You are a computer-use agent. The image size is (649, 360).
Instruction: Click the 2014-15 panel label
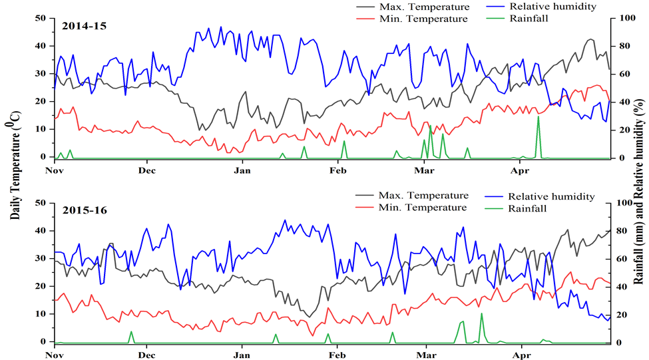(x=84, y=26)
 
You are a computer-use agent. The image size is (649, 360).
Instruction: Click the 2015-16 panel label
(x=84, y=210)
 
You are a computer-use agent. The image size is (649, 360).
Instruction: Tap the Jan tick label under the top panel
(x=242, y=170)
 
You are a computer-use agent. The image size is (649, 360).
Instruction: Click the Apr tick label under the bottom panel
(x=521, y=354)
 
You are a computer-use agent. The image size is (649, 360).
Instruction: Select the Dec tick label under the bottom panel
(x=147, y=354)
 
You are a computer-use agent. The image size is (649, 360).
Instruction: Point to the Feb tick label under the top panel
(x=337, y=170)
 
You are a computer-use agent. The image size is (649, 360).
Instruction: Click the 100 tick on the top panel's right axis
(x=623, y=18)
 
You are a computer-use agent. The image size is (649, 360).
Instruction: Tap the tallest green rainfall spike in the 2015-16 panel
(x=481, y=314)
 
